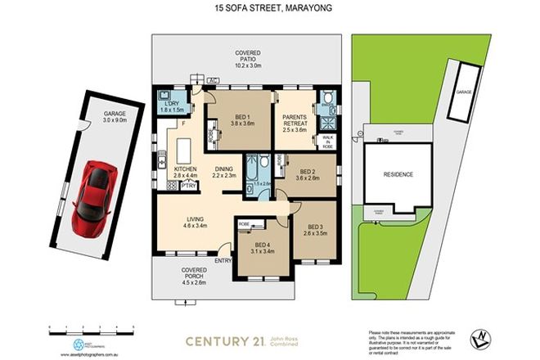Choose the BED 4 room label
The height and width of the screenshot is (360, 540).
pos(262,245)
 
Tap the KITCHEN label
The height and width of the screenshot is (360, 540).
pos(186,170)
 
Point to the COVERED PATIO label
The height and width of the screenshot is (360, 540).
pos(248,58)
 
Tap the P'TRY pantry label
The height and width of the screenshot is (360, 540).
pos(189,186)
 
